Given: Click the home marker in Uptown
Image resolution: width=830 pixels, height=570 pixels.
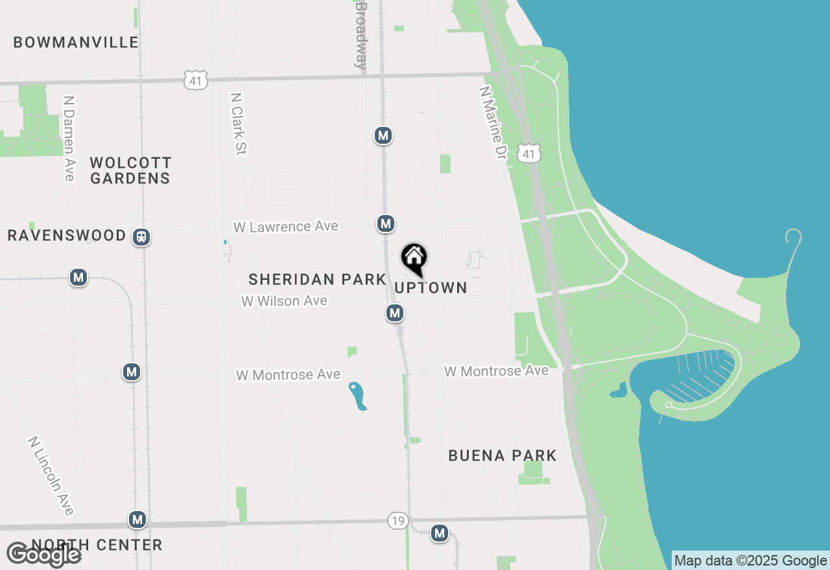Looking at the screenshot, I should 414,258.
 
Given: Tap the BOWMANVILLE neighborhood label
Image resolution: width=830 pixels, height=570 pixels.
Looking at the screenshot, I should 76,43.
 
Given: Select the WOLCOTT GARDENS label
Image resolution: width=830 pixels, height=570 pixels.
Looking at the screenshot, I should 130,170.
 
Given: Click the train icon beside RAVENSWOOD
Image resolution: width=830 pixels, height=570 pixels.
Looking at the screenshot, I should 141,237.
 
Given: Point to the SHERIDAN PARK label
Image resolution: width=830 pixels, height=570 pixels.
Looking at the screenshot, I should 317,280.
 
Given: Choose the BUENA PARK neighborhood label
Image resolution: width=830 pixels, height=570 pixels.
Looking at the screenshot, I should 503,455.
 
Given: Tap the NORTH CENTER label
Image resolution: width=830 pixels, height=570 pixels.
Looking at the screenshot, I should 97,545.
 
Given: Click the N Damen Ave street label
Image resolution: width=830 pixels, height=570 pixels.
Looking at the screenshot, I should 69,139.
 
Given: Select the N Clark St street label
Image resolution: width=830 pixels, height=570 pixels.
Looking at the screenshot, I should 239,124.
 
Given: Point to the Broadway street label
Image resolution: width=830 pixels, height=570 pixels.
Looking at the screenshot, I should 361,35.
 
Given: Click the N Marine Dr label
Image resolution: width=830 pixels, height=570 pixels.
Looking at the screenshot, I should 492,124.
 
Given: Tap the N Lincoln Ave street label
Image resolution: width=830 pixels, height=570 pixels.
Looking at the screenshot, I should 51,475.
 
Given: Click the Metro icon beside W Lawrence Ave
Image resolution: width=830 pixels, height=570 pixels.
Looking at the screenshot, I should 386,224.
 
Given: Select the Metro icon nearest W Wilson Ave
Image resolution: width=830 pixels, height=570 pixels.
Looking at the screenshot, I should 395,313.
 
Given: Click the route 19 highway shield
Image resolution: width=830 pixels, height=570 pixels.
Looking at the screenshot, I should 397,520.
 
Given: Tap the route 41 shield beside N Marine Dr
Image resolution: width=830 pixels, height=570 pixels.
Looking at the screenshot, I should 529,154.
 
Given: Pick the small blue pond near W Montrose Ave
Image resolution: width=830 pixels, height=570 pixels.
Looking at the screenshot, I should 357,396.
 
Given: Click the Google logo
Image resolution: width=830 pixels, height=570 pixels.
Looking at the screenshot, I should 43,555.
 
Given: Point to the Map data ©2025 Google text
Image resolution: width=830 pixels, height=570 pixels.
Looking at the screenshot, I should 750,561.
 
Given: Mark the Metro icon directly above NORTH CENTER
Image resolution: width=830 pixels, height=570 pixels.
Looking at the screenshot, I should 137,519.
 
